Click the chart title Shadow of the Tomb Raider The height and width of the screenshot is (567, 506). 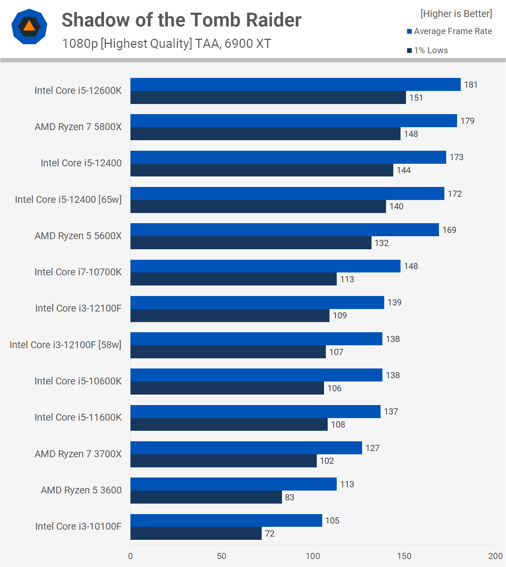[181, 20]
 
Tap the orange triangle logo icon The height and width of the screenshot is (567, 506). [29, 26]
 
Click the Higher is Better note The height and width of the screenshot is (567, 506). [456, 14]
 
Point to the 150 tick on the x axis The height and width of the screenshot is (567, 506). [404, 556]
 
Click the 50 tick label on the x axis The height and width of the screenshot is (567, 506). [221, 556]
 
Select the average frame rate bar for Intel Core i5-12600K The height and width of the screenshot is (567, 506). [295, 84]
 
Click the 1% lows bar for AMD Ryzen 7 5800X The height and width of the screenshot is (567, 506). [265, 134]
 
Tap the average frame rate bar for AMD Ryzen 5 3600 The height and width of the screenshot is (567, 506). [233, 484]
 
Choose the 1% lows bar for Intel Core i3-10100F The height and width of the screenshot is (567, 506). [196, 533]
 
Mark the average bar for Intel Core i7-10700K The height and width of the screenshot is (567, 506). [265, 266]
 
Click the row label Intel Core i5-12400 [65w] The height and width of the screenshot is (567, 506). [68, 200]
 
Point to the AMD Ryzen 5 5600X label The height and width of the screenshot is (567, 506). [78, 236]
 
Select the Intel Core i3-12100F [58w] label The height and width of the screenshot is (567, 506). [65, 345]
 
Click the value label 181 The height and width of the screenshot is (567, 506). [471, 85]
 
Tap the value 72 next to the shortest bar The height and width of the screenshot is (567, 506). [270, 534]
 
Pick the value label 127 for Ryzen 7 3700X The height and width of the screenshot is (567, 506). [372, 448]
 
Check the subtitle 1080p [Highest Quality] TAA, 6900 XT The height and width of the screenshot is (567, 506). [166, 43]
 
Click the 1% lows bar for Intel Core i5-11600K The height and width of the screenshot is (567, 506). [229, 424]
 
